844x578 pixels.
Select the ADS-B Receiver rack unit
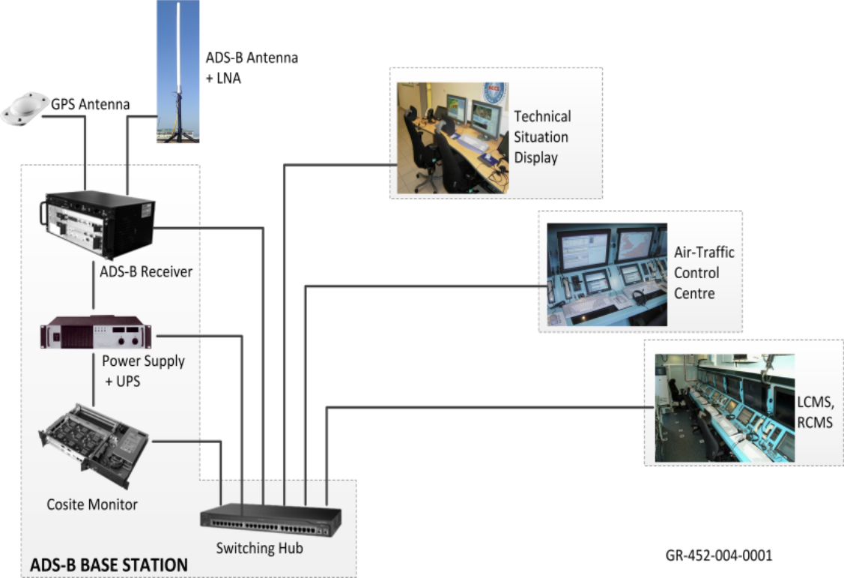[x=98, y=223]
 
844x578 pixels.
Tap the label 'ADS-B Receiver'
[x=146, y=271]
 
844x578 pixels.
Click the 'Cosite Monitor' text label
[x=92, y=505]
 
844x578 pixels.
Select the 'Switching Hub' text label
[x=259, y=548]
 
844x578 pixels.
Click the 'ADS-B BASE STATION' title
[x=109, y=565]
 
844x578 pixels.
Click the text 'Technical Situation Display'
[x=542, y=137]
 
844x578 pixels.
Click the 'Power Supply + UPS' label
[x=143, y=370]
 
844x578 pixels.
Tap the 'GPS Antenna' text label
[x=90, y=104]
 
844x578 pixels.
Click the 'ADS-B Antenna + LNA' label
[x=251, y=67]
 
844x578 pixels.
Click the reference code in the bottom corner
[x=719, y=556]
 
